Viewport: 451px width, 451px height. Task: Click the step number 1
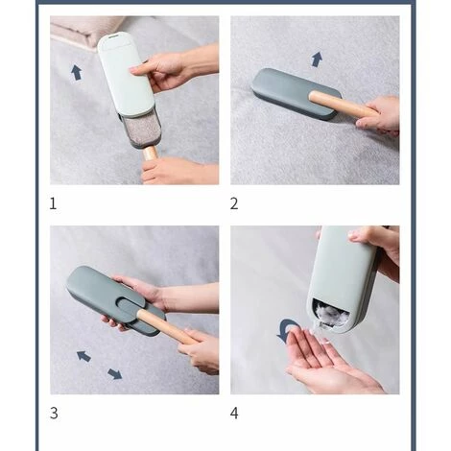click(x=53, y=203)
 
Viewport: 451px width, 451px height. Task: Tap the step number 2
click(x=234, y=203)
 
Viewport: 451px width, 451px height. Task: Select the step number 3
click(x=54, y=413)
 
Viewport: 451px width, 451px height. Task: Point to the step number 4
click(x=234, y=413)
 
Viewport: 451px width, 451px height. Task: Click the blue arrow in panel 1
click(x=76, y=72)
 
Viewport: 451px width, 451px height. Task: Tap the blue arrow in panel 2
click(x=317, y=59)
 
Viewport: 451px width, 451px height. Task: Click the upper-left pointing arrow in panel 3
click(x=83, y=356)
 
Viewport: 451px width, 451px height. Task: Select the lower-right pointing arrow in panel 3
click(x=115, y=373)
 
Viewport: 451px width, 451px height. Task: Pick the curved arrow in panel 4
click(x=286, y=330)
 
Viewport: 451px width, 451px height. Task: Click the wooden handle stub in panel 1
click(x=150, y=154)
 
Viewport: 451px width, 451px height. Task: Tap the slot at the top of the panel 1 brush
click(x=114, y=36)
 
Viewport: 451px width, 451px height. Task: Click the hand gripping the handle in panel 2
click(x=379, y=116)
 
